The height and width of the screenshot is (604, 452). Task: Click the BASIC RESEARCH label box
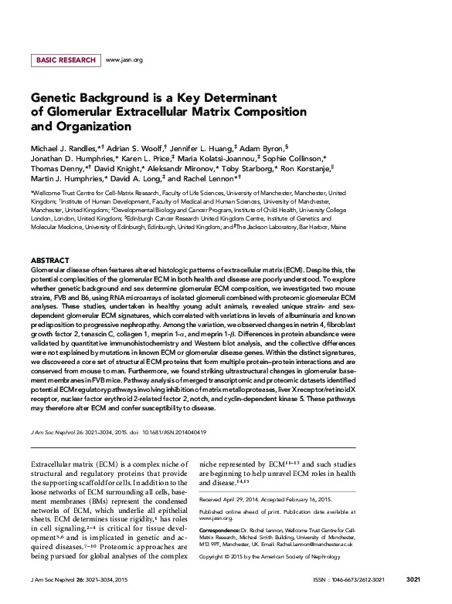65,60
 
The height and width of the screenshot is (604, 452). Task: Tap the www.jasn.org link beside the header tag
124,60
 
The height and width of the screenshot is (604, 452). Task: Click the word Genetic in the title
53,99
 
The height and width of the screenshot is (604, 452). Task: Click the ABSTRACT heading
49,261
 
